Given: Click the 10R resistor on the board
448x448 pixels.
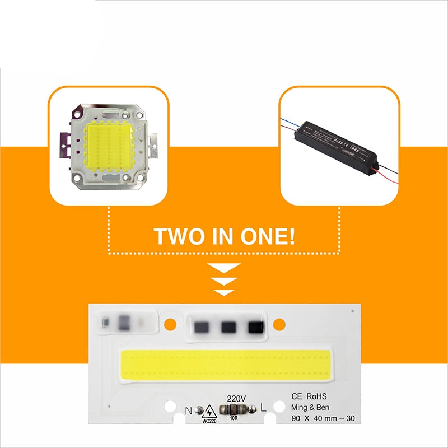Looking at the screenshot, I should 235,409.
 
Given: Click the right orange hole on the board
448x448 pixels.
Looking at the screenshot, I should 279,323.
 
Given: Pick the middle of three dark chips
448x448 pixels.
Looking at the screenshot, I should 228,326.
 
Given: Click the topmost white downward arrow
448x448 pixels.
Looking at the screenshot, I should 224,267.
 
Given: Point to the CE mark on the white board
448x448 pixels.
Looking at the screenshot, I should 297,396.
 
